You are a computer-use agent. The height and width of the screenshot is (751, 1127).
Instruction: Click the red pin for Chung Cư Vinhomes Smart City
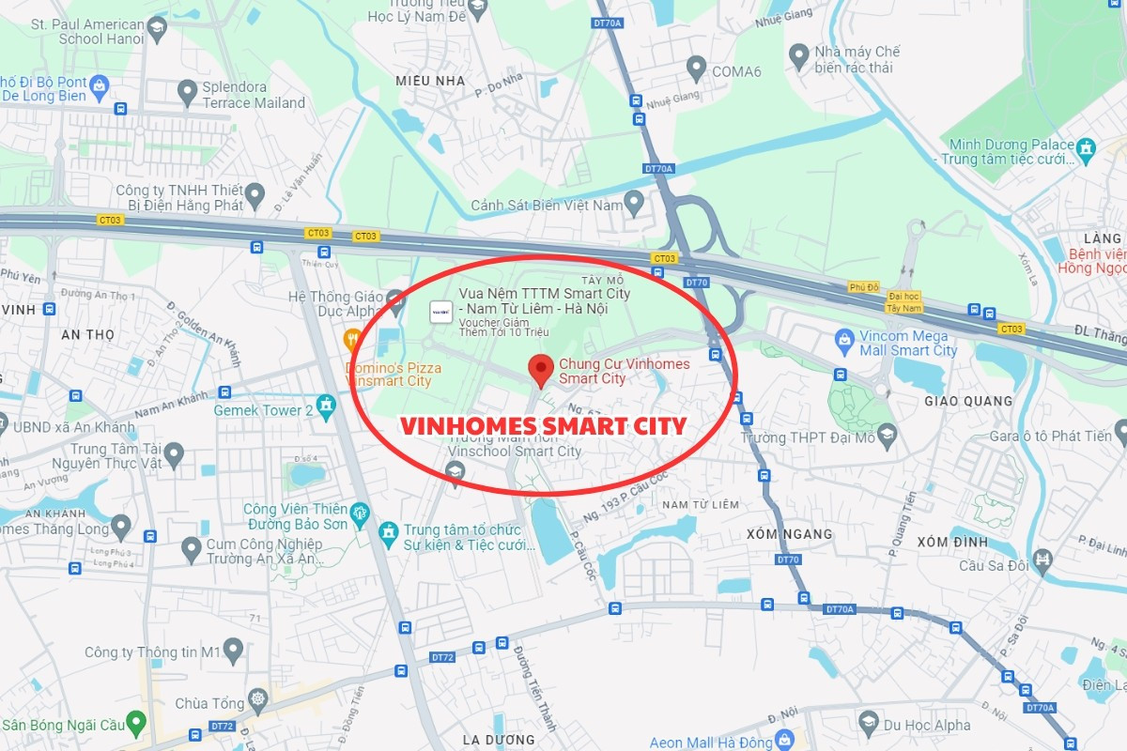point(540,369)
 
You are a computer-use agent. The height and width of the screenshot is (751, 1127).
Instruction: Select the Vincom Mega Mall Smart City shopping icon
point(844,337)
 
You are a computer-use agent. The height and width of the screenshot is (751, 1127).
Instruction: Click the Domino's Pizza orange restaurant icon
point(353,339)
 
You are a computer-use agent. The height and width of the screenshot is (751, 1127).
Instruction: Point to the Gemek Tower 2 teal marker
point(326,406)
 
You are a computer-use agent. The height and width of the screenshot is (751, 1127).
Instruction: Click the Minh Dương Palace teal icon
point(1087,147)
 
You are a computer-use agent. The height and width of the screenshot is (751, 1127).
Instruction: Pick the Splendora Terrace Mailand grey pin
point(187,90)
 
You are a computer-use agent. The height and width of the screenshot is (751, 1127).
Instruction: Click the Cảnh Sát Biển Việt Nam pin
point(634,200)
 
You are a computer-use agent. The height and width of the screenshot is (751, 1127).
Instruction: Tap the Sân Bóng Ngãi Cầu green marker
point(136,723)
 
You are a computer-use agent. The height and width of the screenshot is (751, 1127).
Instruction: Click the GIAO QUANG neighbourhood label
point(968,401)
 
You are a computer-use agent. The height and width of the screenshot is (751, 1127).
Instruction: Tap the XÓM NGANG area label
point(789,534)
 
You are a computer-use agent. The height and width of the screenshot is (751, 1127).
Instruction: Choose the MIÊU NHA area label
point(430,81)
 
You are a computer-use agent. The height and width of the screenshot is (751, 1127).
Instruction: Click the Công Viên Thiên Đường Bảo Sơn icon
point(360,513)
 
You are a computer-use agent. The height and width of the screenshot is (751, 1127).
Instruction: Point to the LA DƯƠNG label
point(498,740)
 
